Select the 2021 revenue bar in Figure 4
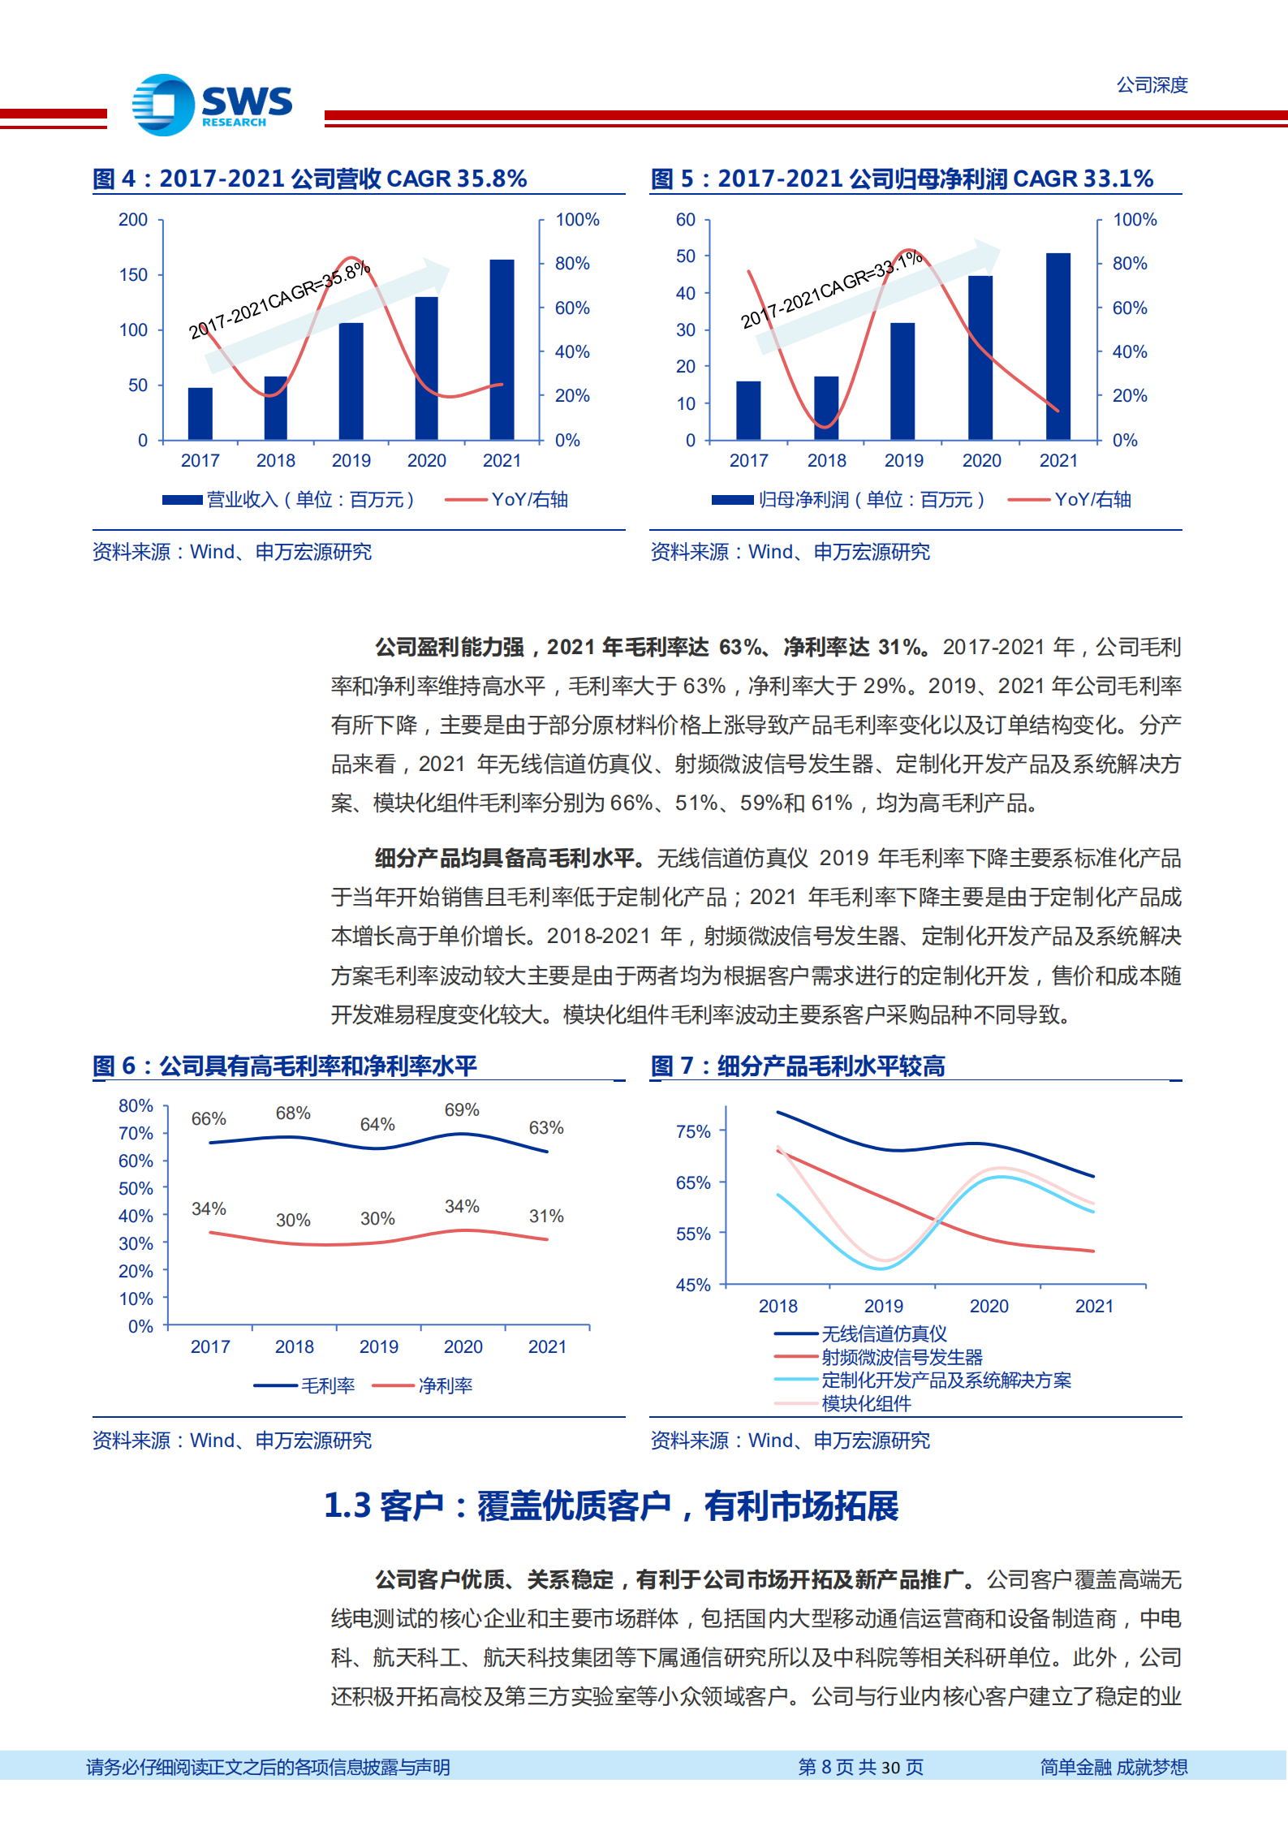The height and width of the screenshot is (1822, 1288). (502, 349)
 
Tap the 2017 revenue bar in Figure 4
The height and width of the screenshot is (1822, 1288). (200, 413)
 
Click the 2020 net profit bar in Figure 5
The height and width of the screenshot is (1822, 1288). (980, 357)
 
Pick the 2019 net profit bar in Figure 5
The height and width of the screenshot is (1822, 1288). (902, 381)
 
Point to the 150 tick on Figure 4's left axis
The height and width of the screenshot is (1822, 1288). (133, 275)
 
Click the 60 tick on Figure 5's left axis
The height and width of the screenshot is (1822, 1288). (686, 220)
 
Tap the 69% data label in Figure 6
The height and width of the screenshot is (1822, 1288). (462, 1110)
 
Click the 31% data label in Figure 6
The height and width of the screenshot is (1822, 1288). (546, 1216)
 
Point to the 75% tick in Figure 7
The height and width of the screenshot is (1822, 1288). (693, 1131)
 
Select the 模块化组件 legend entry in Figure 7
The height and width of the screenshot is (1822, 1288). (866, 1403)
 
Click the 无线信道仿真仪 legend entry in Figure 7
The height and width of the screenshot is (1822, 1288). (884, 1333)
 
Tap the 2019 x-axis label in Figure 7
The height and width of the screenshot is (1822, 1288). (883, 1306)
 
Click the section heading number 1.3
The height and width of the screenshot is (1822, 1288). (347, 1506)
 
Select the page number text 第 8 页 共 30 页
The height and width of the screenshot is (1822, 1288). (860, 1767)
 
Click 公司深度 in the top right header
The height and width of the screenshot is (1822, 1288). (1152, 84)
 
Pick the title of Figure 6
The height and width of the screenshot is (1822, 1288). (285, 1066)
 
